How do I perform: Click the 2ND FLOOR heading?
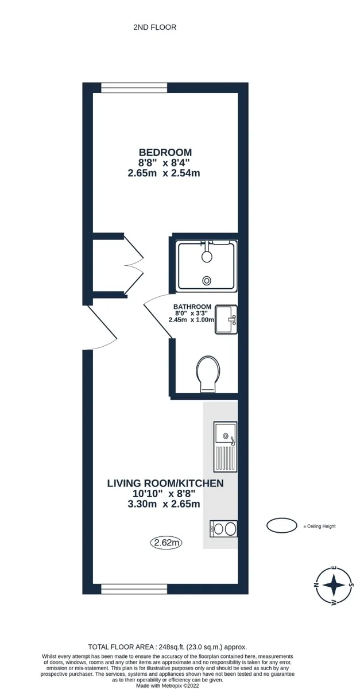coord(155,28)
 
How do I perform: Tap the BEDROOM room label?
coord(165,152)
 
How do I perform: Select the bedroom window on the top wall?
coord(134,88)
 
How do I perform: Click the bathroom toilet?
coord(208,374)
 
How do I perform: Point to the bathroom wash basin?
coord(226,319)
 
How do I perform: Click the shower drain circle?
coord(207,280)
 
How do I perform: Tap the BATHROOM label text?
coord(192,307)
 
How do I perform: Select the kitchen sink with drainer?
coord(226,447)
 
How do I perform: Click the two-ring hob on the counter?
coord(223,529)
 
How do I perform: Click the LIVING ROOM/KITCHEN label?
coord(165,483)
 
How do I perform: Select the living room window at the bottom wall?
coord(134,589)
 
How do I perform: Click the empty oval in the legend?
coord(281,525)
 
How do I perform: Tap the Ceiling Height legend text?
coord(320,527)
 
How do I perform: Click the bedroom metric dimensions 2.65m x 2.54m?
coord(164,173)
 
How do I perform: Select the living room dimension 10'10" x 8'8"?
coord(164,494)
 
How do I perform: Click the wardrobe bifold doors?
coord(134,265)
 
